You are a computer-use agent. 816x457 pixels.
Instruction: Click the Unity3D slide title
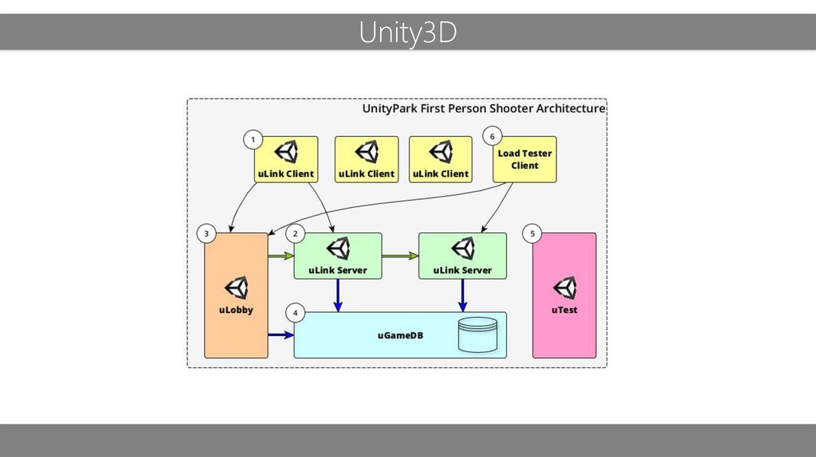tap(407, 33)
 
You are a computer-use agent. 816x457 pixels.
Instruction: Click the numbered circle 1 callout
tap(253, 139)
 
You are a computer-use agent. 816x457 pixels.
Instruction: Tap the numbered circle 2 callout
tap(296, 234)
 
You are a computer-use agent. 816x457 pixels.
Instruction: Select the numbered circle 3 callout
tap(206, 234)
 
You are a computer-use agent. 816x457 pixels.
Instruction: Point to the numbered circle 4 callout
tap(296, 313)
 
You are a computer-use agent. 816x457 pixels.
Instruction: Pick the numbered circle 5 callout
tap(532, 234)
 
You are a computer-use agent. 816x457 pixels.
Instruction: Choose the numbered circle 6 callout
tap(492, 136)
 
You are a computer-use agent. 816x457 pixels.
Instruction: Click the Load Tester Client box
tap(524, 159)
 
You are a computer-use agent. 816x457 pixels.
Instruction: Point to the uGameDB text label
tap(400, 335)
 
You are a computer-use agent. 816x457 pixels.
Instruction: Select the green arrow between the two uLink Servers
tap(400, 256)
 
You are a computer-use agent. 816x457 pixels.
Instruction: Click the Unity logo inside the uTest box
tap(565, 288)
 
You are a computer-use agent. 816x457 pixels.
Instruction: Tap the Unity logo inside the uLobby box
tap(236, 288)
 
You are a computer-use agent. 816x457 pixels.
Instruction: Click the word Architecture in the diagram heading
tap(571, 108)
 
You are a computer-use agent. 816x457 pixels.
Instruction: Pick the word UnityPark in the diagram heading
tap(390, 108)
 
